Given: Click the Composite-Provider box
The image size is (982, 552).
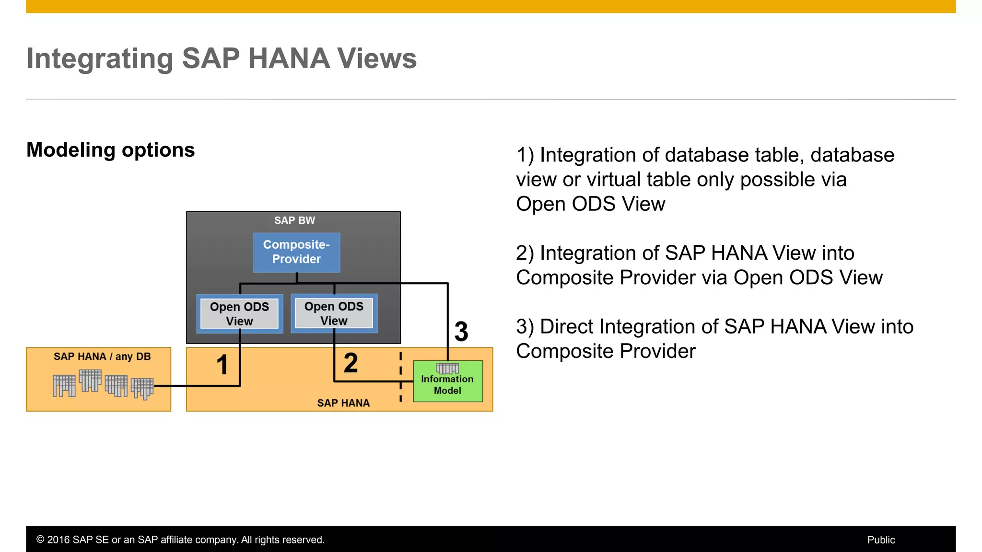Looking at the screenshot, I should (x=296, y=252).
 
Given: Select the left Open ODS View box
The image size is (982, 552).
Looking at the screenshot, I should (x=239, y=314).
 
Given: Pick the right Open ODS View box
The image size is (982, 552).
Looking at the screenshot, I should (x=334, y=313).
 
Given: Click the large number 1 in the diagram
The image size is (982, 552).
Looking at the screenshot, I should (x=222, y=365).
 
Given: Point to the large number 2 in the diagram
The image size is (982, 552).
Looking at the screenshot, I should (x=351, y=363).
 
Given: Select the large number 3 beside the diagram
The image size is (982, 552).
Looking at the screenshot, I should (x=461, y=332).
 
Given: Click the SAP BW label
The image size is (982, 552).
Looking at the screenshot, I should (x=294, y=220).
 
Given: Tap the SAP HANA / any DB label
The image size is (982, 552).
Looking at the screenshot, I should (x=102, y=356).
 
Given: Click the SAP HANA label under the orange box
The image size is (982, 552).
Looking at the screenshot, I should (x=343, y=403).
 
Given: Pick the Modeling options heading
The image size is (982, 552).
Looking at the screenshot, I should (x=111, y=150).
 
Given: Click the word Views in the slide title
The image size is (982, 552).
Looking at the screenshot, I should (x=377, y=58).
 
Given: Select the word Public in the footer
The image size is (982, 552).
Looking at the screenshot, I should (x=881, y=540).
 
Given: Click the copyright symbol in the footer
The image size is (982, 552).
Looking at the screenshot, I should (x=40, y=540).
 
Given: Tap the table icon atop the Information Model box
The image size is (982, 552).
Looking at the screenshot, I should (x=447, y=368).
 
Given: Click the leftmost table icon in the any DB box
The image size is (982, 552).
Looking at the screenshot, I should (x=64, y=386).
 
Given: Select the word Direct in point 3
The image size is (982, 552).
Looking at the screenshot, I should (x=567, y=327).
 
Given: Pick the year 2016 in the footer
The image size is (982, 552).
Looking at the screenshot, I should (x=58, y=540).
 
